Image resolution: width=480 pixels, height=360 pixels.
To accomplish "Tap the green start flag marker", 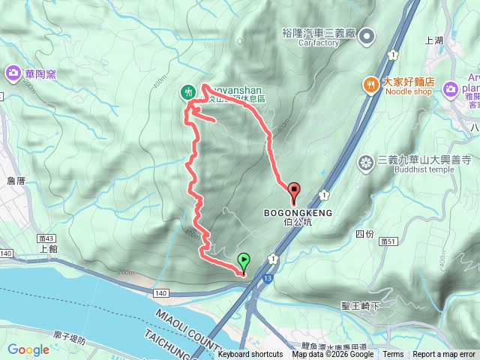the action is point(244,261).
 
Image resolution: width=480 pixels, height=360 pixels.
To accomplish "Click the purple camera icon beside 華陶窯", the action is point(13,73).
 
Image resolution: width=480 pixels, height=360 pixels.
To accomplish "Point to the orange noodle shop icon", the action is point(370,85).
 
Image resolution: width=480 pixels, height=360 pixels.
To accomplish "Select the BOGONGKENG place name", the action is point(298,213).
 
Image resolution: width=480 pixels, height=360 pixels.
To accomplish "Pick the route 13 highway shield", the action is point(268,279).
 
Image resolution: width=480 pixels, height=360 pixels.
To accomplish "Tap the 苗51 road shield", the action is point(388,241).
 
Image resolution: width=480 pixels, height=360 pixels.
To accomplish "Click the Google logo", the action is point(28,349).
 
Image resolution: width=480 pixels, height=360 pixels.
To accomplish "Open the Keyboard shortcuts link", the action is point(250,355).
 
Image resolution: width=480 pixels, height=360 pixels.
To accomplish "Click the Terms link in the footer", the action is point(393,355).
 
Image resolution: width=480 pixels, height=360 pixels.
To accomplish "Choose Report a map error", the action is point(444,355).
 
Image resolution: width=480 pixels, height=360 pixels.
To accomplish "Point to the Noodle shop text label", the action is point(409,91).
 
